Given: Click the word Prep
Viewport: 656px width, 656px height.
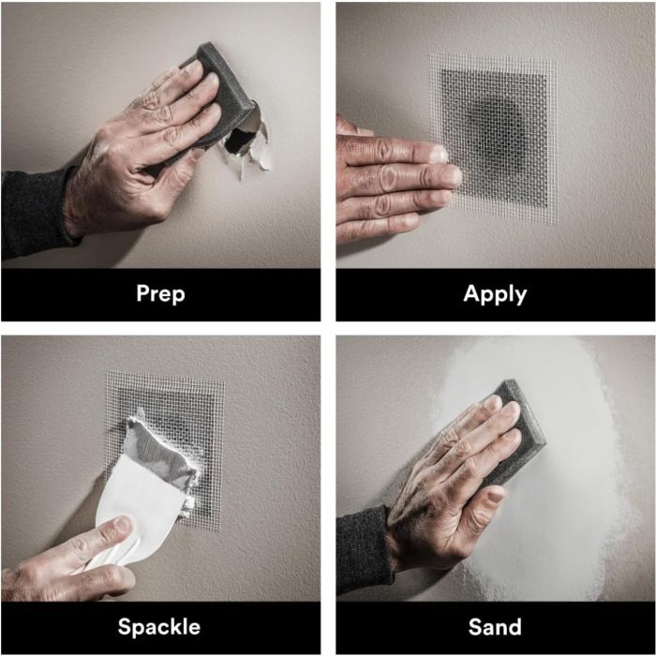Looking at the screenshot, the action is pos(160,293).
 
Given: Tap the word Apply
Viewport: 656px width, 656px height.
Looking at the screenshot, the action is pos(495,293).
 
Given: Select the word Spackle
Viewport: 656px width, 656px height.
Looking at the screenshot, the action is pos(159,627).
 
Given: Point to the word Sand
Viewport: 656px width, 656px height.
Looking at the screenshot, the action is pos(495,627).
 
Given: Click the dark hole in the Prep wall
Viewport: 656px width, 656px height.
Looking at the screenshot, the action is pos(238,141).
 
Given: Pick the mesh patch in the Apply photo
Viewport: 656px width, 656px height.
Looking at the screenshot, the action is pos(493,138).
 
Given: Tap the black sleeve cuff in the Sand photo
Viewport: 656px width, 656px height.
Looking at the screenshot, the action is pos(364,548).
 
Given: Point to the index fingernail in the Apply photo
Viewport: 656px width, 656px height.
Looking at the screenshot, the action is pos(439,154).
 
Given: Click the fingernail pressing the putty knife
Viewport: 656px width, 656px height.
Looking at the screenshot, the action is pos(122,526).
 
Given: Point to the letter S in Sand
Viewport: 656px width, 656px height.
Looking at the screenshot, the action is pos(475,627).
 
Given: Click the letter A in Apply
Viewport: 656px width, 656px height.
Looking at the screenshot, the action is pos(472,292).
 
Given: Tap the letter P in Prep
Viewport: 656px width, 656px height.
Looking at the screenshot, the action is pos(143,292).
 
